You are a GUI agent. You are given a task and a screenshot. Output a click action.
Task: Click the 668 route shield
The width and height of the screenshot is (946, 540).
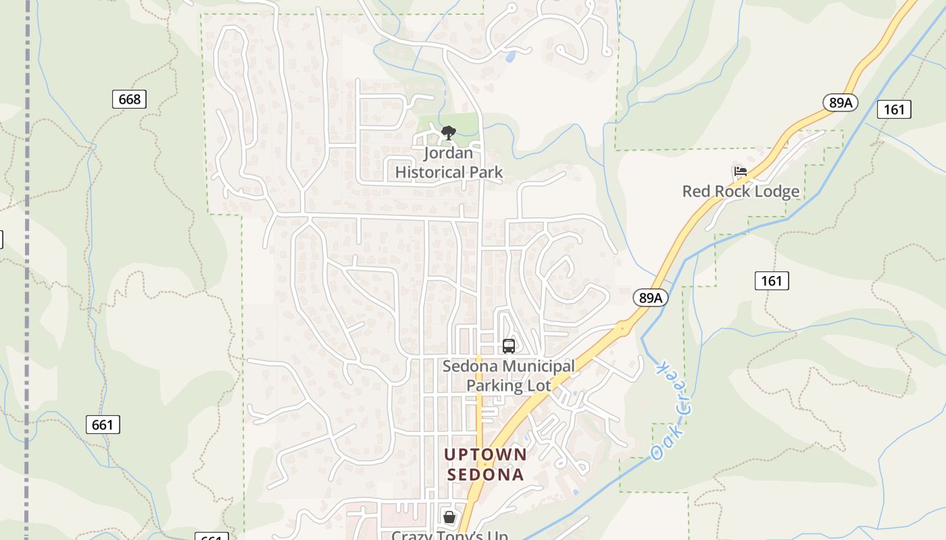(129, 100)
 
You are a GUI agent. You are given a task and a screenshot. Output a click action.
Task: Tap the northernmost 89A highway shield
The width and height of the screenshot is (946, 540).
(841, 103)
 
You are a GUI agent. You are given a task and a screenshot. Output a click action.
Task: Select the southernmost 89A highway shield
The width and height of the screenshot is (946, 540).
(651, 298)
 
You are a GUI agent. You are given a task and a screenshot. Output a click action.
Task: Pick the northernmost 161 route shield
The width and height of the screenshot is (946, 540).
(894, 109)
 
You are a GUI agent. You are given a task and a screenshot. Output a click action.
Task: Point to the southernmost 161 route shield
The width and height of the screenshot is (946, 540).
(771, 280)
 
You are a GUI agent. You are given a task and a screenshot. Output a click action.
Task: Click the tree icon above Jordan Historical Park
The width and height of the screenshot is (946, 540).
(447, 133)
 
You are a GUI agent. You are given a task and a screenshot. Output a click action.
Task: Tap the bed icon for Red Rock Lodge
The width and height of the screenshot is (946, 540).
(741, 172)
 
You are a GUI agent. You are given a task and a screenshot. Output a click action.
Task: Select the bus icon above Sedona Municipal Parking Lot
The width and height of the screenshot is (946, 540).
(509, 346)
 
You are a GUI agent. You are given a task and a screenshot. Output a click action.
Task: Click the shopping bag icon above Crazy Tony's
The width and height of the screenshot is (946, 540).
(449, 517)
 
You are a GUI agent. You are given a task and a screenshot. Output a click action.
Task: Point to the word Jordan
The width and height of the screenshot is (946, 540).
(448, 153)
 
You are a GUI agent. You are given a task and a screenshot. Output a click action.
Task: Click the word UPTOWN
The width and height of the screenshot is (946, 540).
(485, 454)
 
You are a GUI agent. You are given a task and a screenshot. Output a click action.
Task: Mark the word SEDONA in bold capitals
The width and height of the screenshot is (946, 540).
(485, 475)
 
